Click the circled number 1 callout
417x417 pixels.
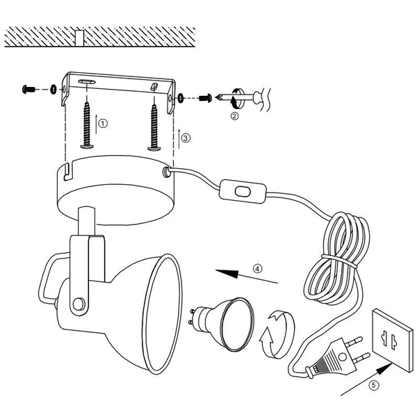pos(103,124)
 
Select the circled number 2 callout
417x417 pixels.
pos(234,116)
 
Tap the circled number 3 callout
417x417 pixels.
pos(186,138)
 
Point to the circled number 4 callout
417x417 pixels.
pos(257,268)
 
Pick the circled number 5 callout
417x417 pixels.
pos(374,385)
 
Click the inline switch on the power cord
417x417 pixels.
pos(243,192)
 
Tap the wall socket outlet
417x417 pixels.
pos(393,341)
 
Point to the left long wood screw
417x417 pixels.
pos(87,126)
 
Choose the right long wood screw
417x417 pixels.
pos(154,128)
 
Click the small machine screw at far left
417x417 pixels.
pos(28,90)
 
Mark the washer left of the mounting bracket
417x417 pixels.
pos(54,90)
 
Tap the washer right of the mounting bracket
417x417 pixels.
pos(181,98)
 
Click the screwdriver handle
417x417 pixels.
pos(262,99)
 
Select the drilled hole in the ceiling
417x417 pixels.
pos(79,38)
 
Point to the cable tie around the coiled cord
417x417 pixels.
pos(339,261)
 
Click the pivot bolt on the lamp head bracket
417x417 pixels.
pos(79,304)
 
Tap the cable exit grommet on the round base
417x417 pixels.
pos(167,172)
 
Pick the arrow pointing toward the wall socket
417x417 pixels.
pos(366,379)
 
